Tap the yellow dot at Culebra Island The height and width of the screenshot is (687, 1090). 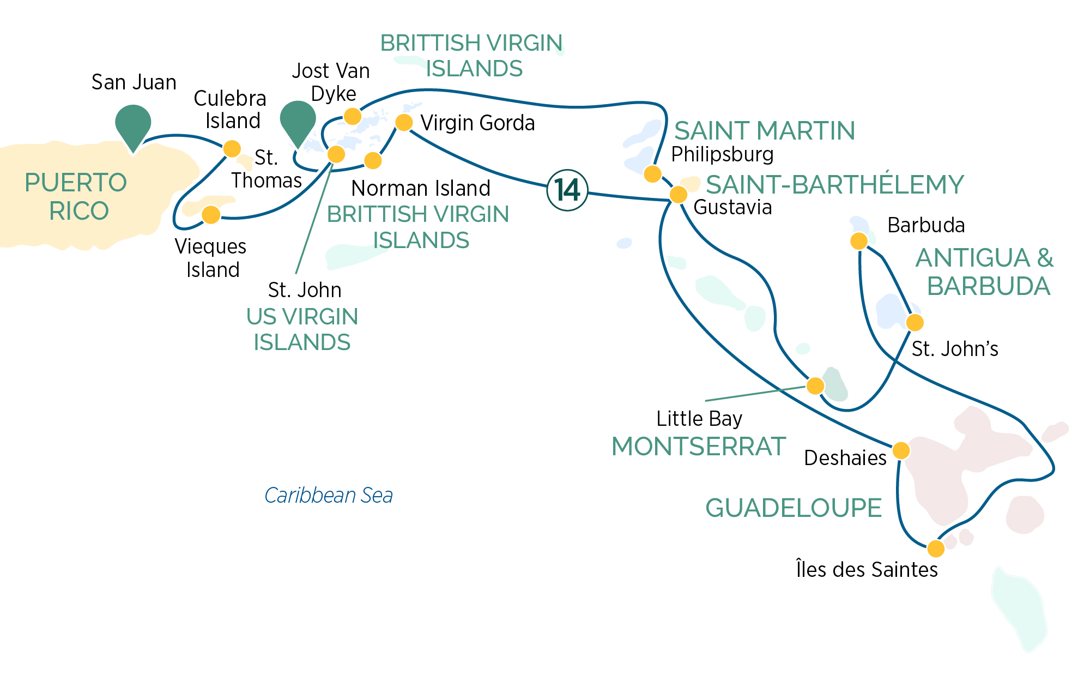[232, 148]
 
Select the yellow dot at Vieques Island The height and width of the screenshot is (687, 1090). [211, 214]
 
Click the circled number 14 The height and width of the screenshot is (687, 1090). [567, 190]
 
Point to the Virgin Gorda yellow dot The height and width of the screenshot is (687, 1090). [404, 122]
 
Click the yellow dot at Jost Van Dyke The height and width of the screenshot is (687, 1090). [353, 116]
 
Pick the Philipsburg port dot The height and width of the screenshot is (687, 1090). [652, 174]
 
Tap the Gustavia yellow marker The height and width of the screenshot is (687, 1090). [679, 194]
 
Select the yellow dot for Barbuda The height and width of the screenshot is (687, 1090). [859, 240]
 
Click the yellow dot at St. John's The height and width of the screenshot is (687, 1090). [915, 322]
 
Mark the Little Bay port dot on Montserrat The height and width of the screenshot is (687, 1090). [815, 385]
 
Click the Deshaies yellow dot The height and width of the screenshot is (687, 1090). [901, 450]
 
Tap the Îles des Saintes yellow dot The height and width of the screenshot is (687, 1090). [936, 548]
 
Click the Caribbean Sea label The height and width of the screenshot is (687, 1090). [329, 495]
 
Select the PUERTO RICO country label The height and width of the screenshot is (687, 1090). [76, 196]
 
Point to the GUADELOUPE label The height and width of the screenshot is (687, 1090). [794, 508]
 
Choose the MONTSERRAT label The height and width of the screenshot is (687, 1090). [699, 447]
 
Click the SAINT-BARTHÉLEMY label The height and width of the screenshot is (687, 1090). [835, 184]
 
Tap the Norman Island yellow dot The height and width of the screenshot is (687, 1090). [373, 160]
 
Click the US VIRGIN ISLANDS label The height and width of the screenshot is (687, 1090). [302, 329]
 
